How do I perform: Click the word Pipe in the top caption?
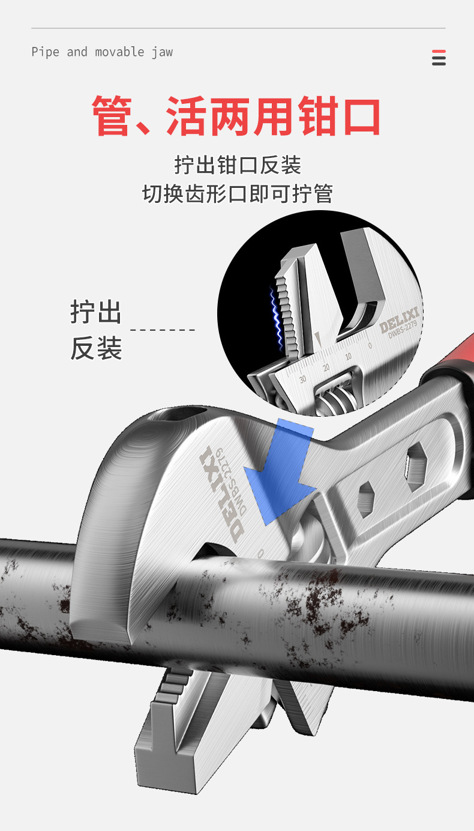point(45,52)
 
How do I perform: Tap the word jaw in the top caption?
point(162,52)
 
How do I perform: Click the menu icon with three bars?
point(439,58)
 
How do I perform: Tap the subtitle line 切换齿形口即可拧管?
point(237,193)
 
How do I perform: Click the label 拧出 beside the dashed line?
point(95,313)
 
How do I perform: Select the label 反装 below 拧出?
point(95,348)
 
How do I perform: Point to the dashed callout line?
point(163,330)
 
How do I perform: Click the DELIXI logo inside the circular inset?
point(400,319)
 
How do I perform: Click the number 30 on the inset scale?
point(302,379)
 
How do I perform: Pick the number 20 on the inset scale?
point(326,367)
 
